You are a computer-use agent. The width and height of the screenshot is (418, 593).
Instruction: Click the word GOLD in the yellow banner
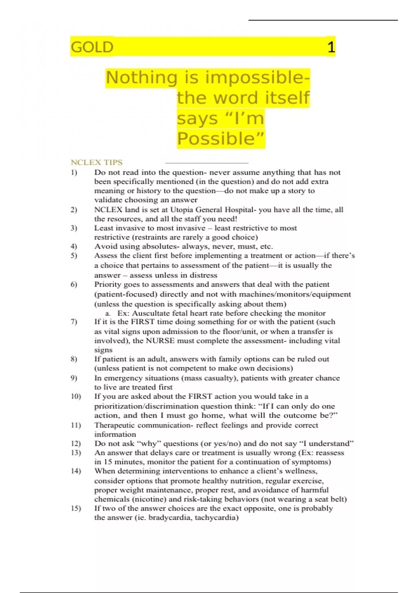click(92, 47)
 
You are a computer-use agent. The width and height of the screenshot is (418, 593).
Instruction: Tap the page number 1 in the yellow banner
click(331, 47)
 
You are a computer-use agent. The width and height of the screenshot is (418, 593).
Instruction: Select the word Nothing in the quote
click(142, 77)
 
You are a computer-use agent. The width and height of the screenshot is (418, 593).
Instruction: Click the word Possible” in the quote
click(220, 138)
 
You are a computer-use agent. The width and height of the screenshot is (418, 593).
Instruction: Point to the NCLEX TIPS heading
click(96, 162)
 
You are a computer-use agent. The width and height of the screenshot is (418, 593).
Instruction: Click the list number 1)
click(74, 172)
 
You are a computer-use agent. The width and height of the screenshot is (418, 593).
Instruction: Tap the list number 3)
click(74, 228)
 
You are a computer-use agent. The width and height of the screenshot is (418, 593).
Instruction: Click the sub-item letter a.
click(108, 313)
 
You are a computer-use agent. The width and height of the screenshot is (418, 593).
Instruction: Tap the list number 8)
click(74, 359)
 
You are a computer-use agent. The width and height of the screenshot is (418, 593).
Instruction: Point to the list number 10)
click(76, 396)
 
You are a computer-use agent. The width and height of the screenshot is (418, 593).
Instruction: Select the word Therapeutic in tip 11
click(114, 425)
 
